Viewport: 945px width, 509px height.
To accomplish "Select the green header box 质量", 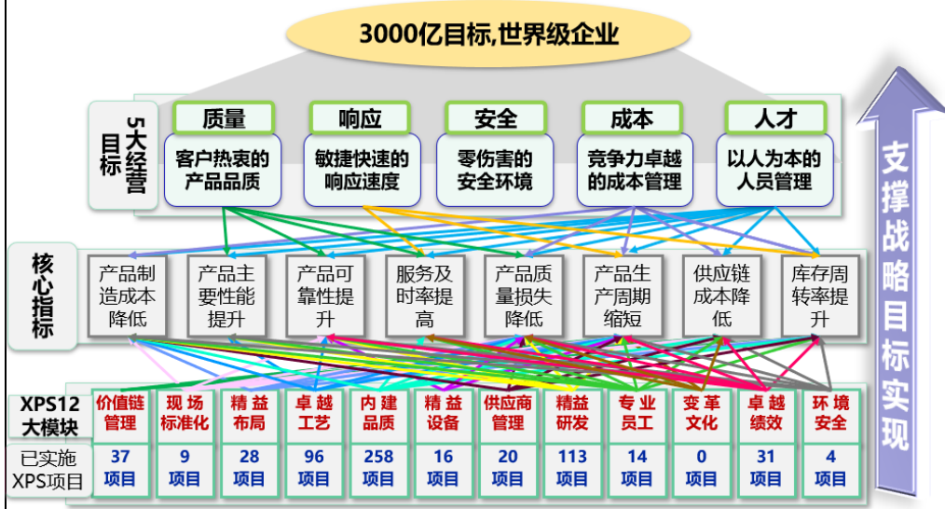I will point(224,118).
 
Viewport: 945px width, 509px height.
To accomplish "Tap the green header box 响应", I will point(360,118).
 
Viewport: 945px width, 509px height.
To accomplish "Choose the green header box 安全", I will point(495,118).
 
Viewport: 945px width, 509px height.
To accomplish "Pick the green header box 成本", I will point(631,118).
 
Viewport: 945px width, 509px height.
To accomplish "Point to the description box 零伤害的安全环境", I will point(495,171).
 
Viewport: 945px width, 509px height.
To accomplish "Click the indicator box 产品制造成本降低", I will point(125,296).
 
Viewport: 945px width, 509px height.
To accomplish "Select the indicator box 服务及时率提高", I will point(423,296).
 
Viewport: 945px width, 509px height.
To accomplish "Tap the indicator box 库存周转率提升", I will point(819,296).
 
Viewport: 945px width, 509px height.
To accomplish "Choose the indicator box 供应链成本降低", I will point(720,296).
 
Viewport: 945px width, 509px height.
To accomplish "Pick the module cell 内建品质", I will point(378,413).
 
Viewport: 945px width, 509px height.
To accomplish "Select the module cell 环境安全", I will point(829,413).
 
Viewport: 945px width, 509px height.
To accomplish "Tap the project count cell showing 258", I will point(378,468).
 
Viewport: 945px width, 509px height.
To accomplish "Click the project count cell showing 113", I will point(572,468).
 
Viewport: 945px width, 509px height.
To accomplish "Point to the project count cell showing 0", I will point(701,468).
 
